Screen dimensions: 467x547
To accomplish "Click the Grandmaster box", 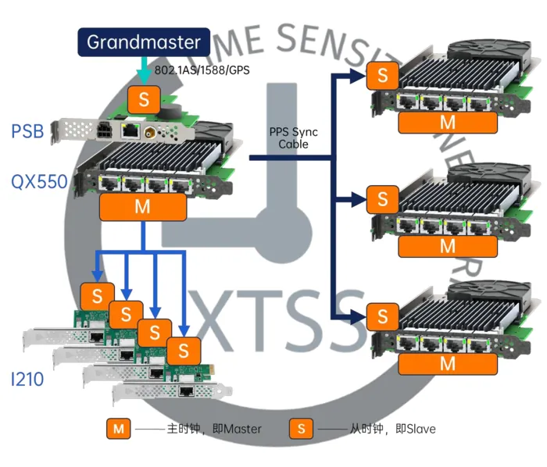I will click(144, 42).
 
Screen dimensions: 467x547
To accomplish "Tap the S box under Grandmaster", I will click(143, 99).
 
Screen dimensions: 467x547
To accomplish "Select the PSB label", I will click(29, 131).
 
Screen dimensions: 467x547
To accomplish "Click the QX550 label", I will click(39, 182).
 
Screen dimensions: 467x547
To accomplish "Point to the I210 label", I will click(27, 380).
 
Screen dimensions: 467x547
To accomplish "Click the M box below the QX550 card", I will click(143, 207).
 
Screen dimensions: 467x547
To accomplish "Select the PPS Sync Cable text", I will click(293, 138).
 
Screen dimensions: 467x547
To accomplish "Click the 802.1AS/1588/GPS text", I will click(202, 71).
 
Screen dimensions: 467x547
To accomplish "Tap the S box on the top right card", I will click(382, 77).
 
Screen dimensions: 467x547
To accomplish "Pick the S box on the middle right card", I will click(382, 199).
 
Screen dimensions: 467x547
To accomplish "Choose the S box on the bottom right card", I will click(382, 316).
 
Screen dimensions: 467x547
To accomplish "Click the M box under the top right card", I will click(447, 123).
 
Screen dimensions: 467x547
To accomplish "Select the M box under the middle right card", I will click(447, 245).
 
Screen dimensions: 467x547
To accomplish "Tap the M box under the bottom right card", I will click(447, 363).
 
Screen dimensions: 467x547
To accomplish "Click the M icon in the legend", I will click(118, 428).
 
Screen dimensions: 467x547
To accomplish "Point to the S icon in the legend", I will click(301, 428).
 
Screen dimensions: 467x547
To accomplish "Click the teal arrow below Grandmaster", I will click(143, 72).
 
